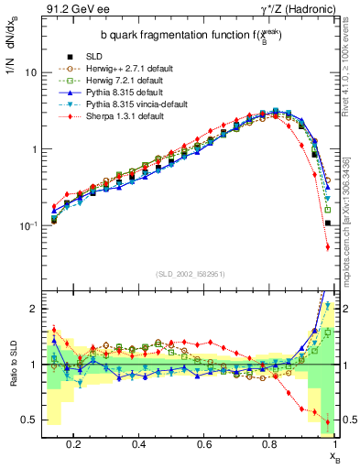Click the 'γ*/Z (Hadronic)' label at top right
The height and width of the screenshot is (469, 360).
click(298, 10)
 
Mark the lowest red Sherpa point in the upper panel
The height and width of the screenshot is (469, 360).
click(328, 246)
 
